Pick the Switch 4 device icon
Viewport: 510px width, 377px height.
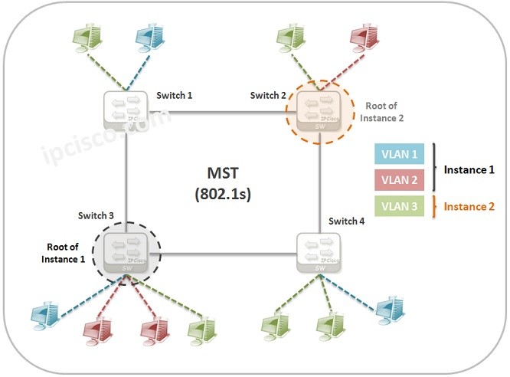tap(317, 251)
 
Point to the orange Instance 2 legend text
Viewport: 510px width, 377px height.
tap(469, 208)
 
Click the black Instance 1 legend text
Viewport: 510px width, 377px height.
tap(469, 169)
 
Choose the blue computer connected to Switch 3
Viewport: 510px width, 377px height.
tap(44, 313)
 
